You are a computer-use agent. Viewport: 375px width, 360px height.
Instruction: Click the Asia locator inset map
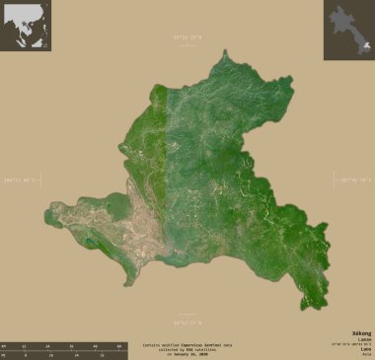coord(26,26)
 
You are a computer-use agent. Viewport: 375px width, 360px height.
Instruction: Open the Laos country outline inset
coord(348,26)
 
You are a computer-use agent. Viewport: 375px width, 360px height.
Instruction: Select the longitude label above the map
coord(187,37)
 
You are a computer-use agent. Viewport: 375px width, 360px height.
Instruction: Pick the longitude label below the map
coord(187,322)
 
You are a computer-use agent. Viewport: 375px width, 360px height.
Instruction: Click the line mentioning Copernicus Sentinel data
coord(187,330)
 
